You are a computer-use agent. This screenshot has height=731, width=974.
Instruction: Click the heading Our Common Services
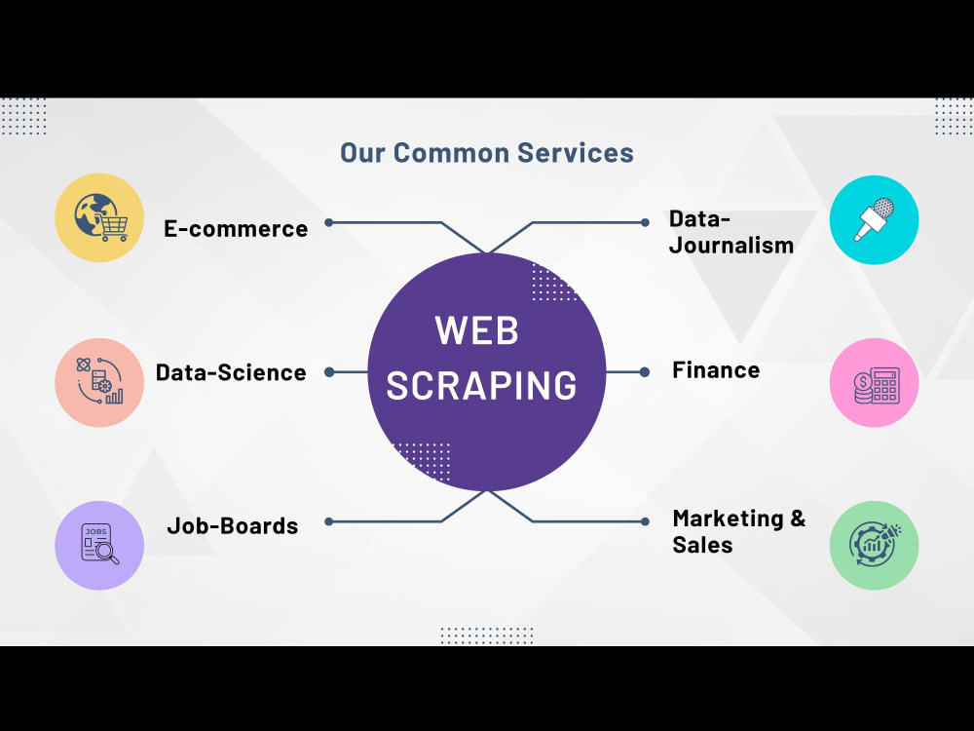pos(487,153)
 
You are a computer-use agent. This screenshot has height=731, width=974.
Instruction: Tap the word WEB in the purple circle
pos(476,331)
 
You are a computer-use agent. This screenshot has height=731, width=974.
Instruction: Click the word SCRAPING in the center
pos(482,385)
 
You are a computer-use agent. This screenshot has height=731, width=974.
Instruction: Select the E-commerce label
pos(236,229)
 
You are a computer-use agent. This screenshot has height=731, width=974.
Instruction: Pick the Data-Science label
pos(231,372)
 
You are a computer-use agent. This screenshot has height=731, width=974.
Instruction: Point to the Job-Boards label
pos(233,526)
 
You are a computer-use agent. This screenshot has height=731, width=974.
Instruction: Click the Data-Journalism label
pos(730,232)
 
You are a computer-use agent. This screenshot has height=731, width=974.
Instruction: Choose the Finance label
pos(716,370)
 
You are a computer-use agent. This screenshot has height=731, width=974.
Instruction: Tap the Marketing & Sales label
pos(738,531)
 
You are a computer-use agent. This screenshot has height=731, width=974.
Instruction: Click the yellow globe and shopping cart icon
pos(99,217)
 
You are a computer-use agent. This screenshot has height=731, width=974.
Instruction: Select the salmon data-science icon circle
pos(99,382)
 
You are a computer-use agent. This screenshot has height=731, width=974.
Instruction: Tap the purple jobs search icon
pos(99,545)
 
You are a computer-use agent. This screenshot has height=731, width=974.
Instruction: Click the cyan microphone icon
pos(874,219)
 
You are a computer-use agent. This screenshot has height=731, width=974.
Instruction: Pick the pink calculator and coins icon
pos(874,383)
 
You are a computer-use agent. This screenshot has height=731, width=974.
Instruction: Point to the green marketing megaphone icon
pos(874,545)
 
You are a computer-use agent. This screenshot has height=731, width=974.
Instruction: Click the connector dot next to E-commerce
pos(329,222)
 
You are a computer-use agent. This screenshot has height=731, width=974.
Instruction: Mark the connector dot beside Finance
pos(645,371)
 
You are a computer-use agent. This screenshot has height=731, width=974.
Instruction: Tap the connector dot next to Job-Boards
pos(329,521)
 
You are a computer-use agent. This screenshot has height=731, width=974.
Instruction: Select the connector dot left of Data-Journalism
pos(645,222)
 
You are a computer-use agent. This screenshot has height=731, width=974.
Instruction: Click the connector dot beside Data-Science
pos(329,371)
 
